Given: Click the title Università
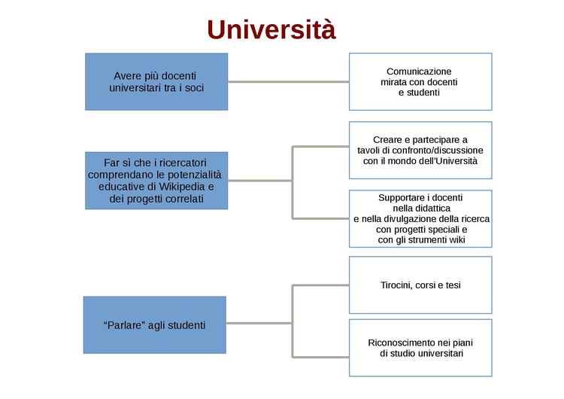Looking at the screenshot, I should [x=271, y=29].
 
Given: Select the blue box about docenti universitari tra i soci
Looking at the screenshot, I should [x=156, y=81].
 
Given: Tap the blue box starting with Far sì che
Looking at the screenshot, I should [x=156, y=181].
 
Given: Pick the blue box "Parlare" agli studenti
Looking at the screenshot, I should [x=154, y=325].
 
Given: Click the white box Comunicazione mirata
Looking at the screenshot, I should [x=420, y=81].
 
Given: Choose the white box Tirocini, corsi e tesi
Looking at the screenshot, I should [x=420, y=285].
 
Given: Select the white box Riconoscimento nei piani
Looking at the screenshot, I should [x=420, y=347].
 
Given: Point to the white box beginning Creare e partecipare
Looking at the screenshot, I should [x=420, y=150].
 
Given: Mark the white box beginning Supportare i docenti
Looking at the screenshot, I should [x=420, y=218].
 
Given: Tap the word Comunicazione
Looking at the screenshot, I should [x=419, y=71].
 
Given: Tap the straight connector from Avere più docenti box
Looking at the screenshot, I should [x=288, y=81].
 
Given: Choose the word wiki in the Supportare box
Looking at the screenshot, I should [x=456, y=239].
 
